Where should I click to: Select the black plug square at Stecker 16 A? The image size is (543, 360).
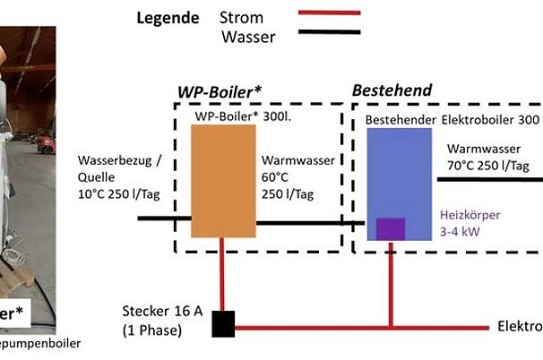pos(223,323)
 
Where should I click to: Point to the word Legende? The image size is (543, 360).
pos(167,18)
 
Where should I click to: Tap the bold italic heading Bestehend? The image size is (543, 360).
pos(392,90)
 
